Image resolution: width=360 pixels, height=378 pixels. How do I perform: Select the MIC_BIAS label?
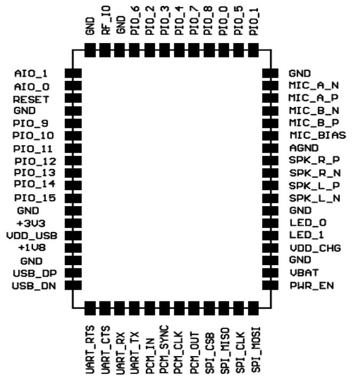click(317, 135)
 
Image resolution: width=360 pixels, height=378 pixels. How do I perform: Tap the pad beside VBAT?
click(270, 273)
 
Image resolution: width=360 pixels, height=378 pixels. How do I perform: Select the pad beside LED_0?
click(270, 223)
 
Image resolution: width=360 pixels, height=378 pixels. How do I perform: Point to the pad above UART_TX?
click(135, 308)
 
